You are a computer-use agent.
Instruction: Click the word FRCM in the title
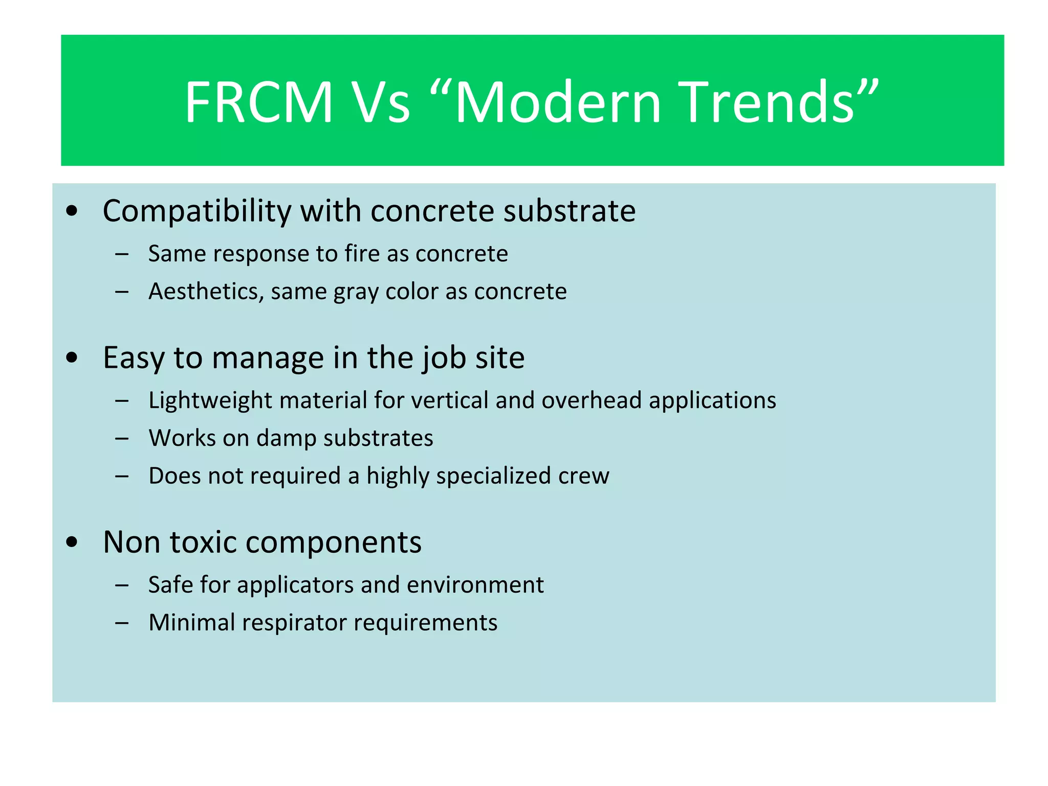(x=258, y=102)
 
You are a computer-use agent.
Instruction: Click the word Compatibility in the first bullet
(x=196, y=211)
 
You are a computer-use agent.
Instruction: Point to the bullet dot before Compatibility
(x=72, y=211)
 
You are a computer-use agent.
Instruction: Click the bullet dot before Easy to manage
(x=72, y=358)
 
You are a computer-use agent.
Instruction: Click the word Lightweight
(x=210, y=401)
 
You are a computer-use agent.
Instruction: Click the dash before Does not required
(x=122, y=476)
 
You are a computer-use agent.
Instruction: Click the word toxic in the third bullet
(x=204, y=542)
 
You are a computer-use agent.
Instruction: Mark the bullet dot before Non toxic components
(x=72, y=542)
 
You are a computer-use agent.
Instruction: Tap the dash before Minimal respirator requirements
(x=122, y=623)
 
